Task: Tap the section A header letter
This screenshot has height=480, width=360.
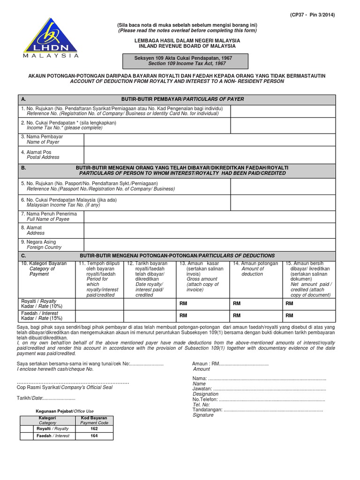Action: (x=23, y=99)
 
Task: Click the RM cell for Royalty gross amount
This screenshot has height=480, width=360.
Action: (x=203, y=304)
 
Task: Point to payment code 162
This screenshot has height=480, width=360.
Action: (x=94, y=428)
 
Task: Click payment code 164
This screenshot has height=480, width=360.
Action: (x=94, y=436)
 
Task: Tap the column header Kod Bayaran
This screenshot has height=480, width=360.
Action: (x=94, y=418)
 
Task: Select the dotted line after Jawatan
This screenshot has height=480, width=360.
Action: (x=269, y=389)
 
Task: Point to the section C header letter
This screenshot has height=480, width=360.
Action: (x=23, y=255)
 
